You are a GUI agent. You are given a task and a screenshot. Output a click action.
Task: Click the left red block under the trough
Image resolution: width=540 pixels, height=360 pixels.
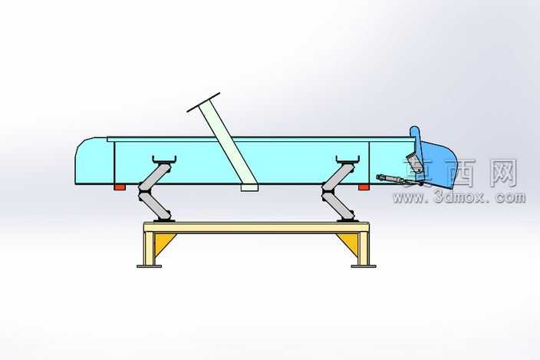click(120, 187)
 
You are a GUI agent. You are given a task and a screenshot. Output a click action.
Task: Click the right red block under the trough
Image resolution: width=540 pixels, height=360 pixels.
click(364, 187)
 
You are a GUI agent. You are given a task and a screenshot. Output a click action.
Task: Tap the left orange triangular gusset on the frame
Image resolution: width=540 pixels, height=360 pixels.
click(163, 243)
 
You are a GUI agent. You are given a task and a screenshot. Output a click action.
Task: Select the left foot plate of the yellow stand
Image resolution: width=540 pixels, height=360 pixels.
click(149, 266)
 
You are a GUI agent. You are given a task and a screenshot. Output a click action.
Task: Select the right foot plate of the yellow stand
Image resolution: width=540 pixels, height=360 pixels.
click(364, 266)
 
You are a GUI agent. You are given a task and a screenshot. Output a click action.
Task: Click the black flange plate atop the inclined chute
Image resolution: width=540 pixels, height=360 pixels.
click(203, 102)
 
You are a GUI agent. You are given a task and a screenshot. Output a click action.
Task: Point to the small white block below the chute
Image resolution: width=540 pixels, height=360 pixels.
click(249, 187)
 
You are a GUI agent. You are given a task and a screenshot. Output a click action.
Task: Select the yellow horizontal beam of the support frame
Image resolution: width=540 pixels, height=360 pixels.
click(256, 228)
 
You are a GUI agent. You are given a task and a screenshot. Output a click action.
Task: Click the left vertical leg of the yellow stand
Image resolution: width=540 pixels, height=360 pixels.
click(149, 249)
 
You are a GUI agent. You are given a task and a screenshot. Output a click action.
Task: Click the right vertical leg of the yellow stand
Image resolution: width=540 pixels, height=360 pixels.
click(364, 249)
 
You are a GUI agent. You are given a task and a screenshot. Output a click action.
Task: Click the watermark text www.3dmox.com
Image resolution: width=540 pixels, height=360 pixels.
click(459, 197)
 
